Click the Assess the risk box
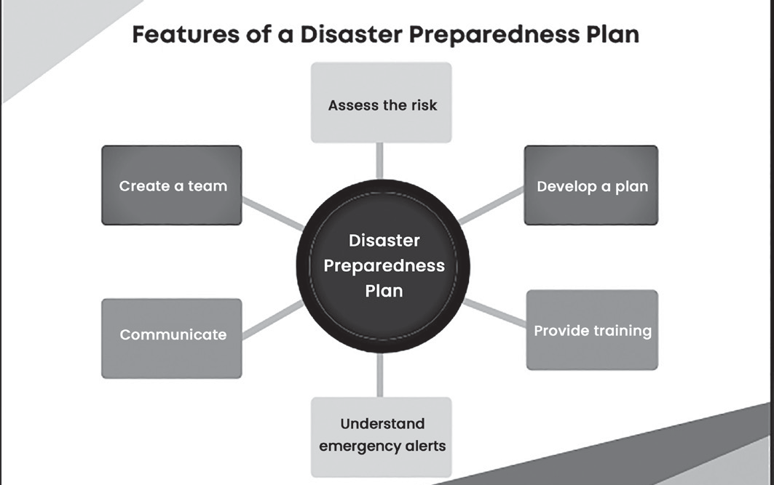pos(381,103)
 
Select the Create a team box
pos(172,185)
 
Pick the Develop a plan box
pos(591,185)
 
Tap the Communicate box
pos(172,339)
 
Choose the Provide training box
pos(592,329)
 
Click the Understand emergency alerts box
pos(381,437)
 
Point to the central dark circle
pos(383,266)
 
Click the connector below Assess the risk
pos(379,161)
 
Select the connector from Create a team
pos(273,214)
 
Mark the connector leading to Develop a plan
pos(491,205)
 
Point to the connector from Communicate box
pos(273,320)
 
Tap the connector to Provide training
pos(494,313)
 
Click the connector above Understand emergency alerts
pos(379,375)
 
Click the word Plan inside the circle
pos(384,291)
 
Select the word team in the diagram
pos(208,186)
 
